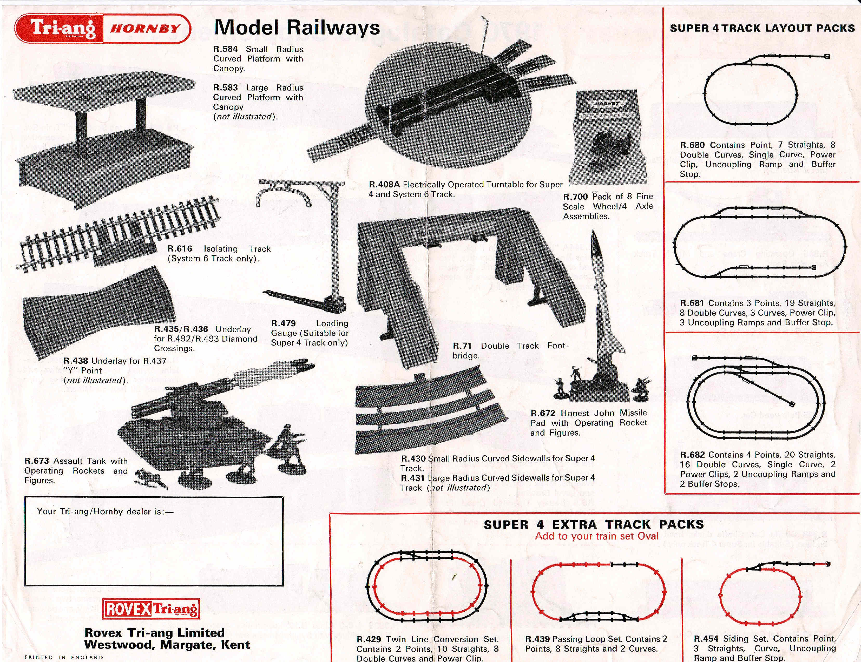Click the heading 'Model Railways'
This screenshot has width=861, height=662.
coord(297,28)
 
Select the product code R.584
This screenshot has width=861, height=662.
coord(226,49)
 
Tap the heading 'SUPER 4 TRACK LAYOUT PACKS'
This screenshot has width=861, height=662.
coord(762,28)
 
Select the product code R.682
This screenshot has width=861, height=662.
coord(693,455)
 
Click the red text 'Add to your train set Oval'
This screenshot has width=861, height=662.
coord(596,536)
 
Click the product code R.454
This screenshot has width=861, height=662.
coord(706,639)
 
